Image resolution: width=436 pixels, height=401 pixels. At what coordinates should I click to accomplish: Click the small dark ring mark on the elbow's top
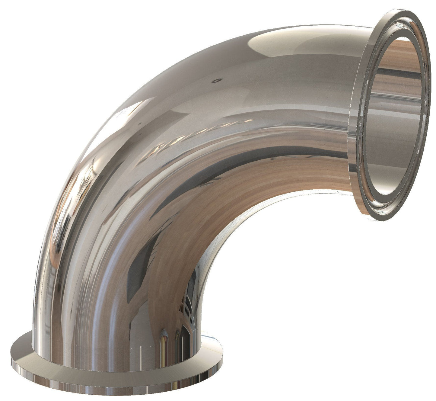[216, 81]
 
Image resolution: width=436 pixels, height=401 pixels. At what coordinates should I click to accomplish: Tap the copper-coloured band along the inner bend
[272, 181]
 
